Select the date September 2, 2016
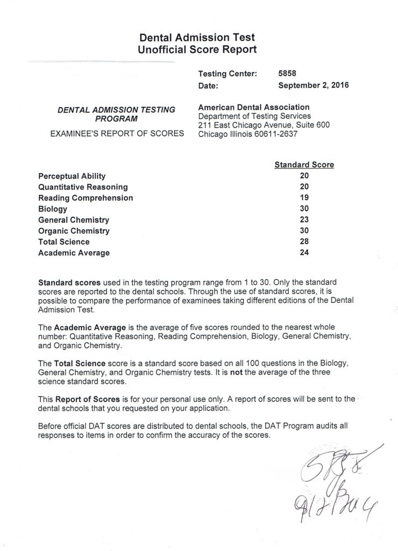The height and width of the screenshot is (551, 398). [x=314, y=84]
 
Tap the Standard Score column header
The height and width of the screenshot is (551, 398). [x=304, y=165]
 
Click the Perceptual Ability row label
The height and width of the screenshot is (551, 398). [x=72, y=176]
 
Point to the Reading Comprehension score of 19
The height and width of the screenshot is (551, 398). [x=304, y=198]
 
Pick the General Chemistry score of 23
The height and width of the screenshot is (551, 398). [x=304, y=220]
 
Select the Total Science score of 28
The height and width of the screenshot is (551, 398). [x=304, y=242]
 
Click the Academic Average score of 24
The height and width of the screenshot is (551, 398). [x=304, y=253]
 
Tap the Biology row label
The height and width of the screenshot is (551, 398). [x=53, y=209]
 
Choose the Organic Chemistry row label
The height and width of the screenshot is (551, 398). [x=74, y=231]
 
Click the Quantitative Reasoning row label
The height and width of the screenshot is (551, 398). [x=83, y=187]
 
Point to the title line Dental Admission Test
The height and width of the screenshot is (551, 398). [x=197, y=38]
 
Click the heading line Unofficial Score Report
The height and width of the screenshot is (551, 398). [x=197, y=50]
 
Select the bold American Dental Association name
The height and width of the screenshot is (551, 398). [x=254, y=107]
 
